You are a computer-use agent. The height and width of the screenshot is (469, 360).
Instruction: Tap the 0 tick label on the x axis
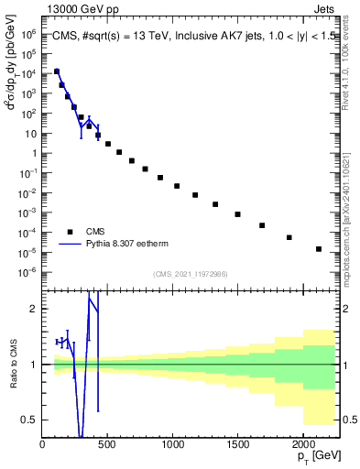point(43,446)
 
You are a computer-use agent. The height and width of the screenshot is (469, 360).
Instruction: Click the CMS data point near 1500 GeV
point(237,214)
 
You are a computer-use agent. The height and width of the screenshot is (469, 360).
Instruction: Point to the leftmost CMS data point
point(57,71)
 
